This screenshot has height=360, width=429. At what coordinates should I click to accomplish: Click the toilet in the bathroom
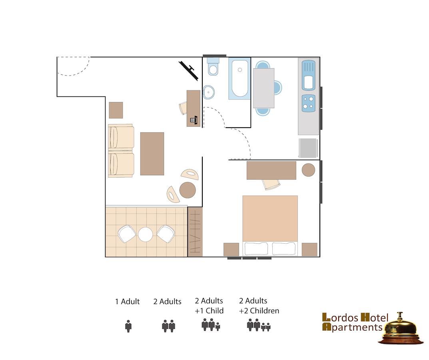point(213,66)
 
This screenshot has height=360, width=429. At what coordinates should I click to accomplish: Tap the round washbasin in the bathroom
point(208,92)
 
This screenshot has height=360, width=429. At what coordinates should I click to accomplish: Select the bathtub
point(239,78)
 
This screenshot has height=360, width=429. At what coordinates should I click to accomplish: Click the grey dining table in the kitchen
point(264,88)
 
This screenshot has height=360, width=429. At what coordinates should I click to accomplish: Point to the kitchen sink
point(308,75)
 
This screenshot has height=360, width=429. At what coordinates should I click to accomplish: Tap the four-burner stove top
point(308,103)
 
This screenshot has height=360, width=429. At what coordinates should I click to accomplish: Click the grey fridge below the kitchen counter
point(308,148)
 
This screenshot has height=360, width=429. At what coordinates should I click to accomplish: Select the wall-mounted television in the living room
point(188,71)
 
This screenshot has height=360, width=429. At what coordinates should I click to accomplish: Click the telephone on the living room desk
point(194,120)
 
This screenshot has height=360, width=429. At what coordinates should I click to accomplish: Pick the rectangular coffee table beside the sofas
point(152,154)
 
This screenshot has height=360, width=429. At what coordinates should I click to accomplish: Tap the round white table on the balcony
point(145,234)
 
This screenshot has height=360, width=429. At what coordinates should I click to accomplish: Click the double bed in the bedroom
point(270,226)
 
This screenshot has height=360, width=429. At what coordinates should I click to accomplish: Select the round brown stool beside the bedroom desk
point(308,170)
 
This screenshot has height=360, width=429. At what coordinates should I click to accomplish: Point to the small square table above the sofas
point(116,110)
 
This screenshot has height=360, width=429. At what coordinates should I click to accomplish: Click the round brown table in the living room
point(188,190)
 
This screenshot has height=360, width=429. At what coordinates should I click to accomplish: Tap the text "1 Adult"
point(128,302)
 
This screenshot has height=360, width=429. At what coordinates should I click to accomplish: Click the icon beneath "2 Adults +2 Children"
point(259,325)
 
